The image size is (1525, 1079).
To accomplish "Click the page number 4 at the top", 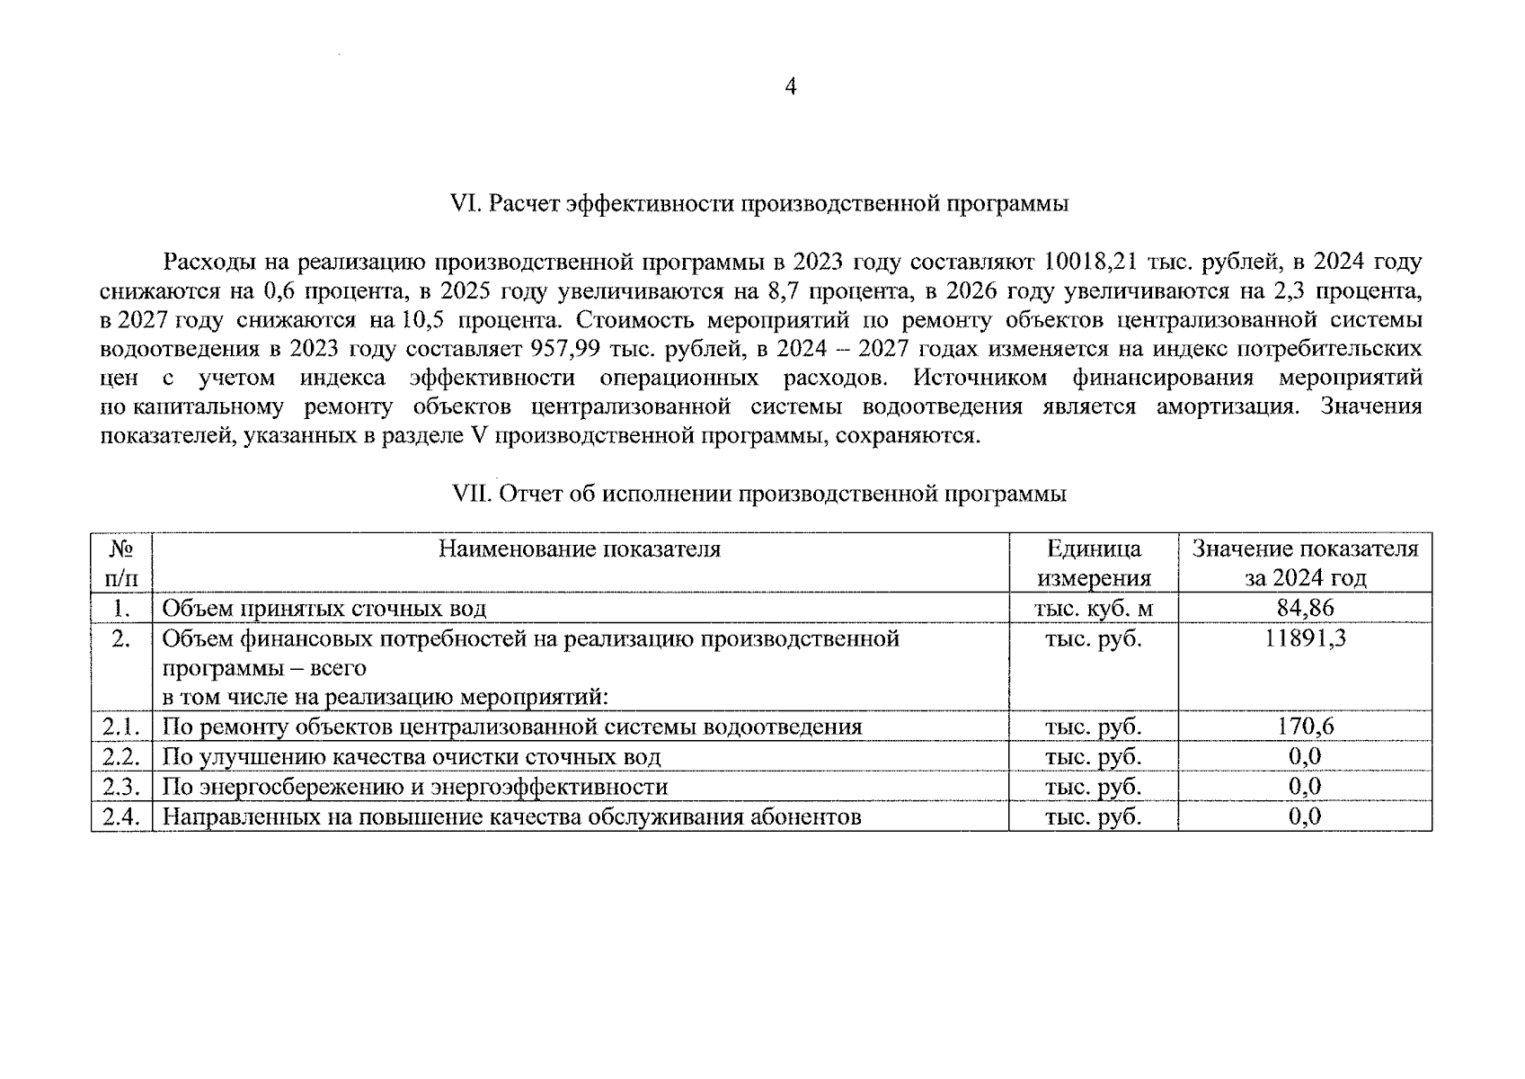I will [x=791, y=87].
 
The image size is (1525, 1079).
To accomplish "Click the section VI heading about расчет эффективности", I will [x=759, y=204].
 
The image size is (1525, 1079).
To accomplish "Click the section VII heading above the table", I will [x=759, y=494].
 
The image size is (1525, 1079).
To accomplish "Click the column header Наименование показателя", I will [x=580, y=549].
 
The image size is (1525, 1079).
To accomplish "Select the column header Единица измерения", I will [x=1094, y=563].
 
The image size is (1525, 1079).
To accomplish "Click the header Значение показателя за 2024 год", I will [x=1305, y=563].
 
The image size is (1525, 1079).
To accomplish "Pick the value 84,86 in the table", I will [x=1305, y=609].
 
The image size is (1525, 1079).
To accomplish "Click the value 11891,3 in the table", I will [x=1305, y=639].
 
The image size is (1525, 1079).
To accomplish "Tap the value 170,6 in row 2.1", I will [x=1305, y=727].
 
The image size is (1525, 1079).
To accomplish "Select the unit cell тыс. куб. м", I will [x=1094, y=609].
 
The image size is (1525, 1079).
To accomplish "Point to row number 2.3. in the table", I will [x=121, y=788].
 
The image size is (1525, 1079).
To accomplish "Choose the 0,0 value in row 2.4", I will [x=1305, y=816].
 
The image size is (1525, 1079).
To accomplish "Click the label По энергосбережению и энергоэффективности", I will [x=414, y=788].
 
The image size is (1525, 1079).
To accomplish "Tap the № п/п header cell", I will [x=121, y=563].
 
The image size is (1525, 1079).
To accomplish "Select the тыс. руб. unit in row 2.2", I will [x=1094, y=757].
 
